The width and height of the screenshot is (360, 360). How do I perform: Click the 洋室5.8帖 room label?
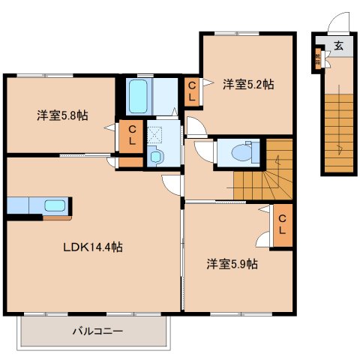(61, 115)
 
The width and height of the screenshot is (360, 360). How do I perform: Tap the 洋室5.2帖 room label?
(247, 85)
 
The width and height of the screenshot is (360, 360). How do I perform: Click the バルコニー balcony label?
(97, 330)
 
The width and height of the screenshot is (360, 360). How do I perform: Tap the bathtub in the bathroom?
(139, 96)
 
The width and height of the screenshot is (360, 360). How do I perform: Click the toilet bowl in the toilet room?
(241, 152)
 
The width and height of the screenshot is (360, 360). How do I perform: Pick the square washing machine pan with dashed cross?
(156, 135)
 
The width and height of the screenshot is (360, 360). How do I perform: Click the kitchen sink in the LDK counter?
(55, 205)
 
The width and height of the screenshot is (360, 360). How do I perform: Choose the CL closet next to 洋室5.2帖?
(191, 92)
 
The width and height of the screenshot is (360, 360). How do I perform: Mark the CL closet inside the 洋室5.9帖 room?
(282, 223)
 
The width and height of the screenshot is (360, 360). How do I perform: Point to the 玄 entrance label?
(338, 46)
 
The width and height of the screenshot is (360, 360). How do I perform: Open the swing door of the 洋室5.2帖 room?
(194, 125)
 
